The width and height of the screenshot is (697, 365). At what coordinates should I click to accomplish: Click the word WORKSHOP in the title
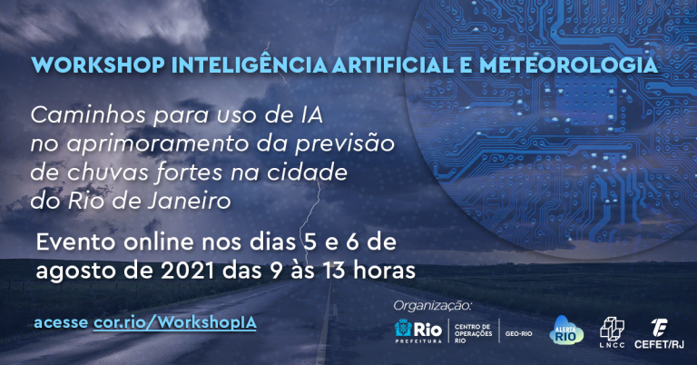coord(98,64)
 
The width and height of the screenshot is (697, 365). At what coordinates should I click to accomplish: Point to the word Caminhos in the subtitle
coord(88,115)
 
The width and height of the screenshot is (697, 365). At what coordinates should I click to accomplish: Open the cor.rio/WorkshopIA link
coord(174,322)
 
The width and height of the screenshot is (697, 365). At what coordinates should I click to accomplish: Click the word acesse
coord(61,322)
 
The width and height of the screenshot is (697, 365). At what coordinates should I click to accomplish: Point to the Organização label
coord(432,306)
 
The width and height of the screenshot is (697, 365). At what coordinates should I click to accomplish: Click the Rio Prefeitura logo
coord(418,330)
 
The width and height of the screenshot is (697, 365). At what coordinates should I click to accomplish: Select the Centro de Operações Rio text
coord(473,333)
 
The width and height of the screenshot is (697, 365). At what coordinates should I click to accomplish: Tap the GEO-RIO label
coord(518,333)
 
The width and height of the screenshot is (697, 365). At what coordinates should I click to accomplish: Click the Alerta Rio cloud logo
coord(566,330)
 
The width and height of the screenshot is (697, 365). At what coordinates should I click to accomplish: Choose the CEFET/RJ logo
coord(659,333)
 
